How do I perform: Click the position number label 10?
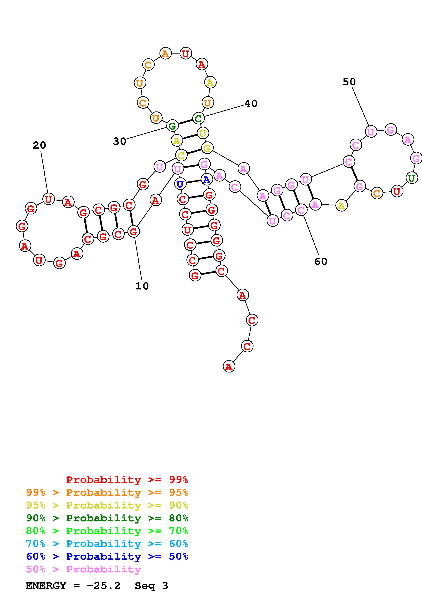pos(142,286)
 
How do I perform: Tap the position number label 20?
pos(39,145)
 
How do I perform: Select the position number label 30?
pos(119,141)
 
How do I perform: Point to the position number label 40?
pos(251,103)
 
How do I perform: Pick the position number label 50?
pos(349,82)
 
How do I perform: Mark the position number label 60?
pos(321,261)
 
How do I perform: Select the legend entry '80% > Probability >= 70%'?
pos(107,531)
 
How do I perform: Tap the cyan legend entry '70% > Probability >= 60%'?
pos(107,544)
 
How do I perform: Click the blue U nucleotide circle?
pos(180,184)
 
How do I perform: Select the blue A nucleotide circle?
pos(207,180)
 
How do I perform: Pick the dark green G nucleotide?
pos(172,126)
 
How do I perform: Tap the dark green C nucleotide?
pos(198,118)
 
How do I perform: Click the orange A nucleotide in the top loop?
pos(165,54)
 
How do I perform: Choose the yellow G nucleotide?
pos(207,148)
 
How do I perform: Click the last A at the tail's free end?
pos(229,367)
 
